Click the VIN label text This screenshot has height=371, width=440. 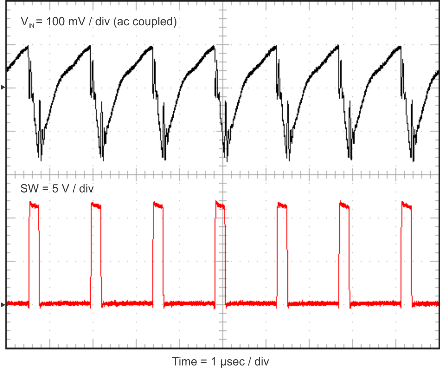(x=27, y=22)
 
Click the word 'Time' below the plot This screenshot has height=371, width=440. (x=184, y=362)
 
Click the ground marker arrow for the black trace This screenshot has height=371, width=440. (x=3, y=87)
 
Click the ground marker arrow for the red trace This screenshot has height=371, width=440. (x=3, y=305)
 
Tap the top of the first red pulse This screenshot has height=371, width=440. (x=34, y=205)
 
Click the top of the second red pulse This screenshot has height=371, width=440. (x=96, y=206)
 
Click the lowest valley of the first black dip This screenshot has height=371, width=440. (x=41, y=160)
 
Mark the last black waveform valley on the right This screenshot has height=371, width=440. (x=414, y=161)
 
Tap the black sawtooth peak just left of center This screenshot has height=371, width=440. (x=214, y=46)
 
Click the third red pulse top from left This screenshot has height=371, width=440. (x=158, y=206)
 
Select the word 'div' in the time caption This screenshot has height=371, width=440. (x=262, y=362)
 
